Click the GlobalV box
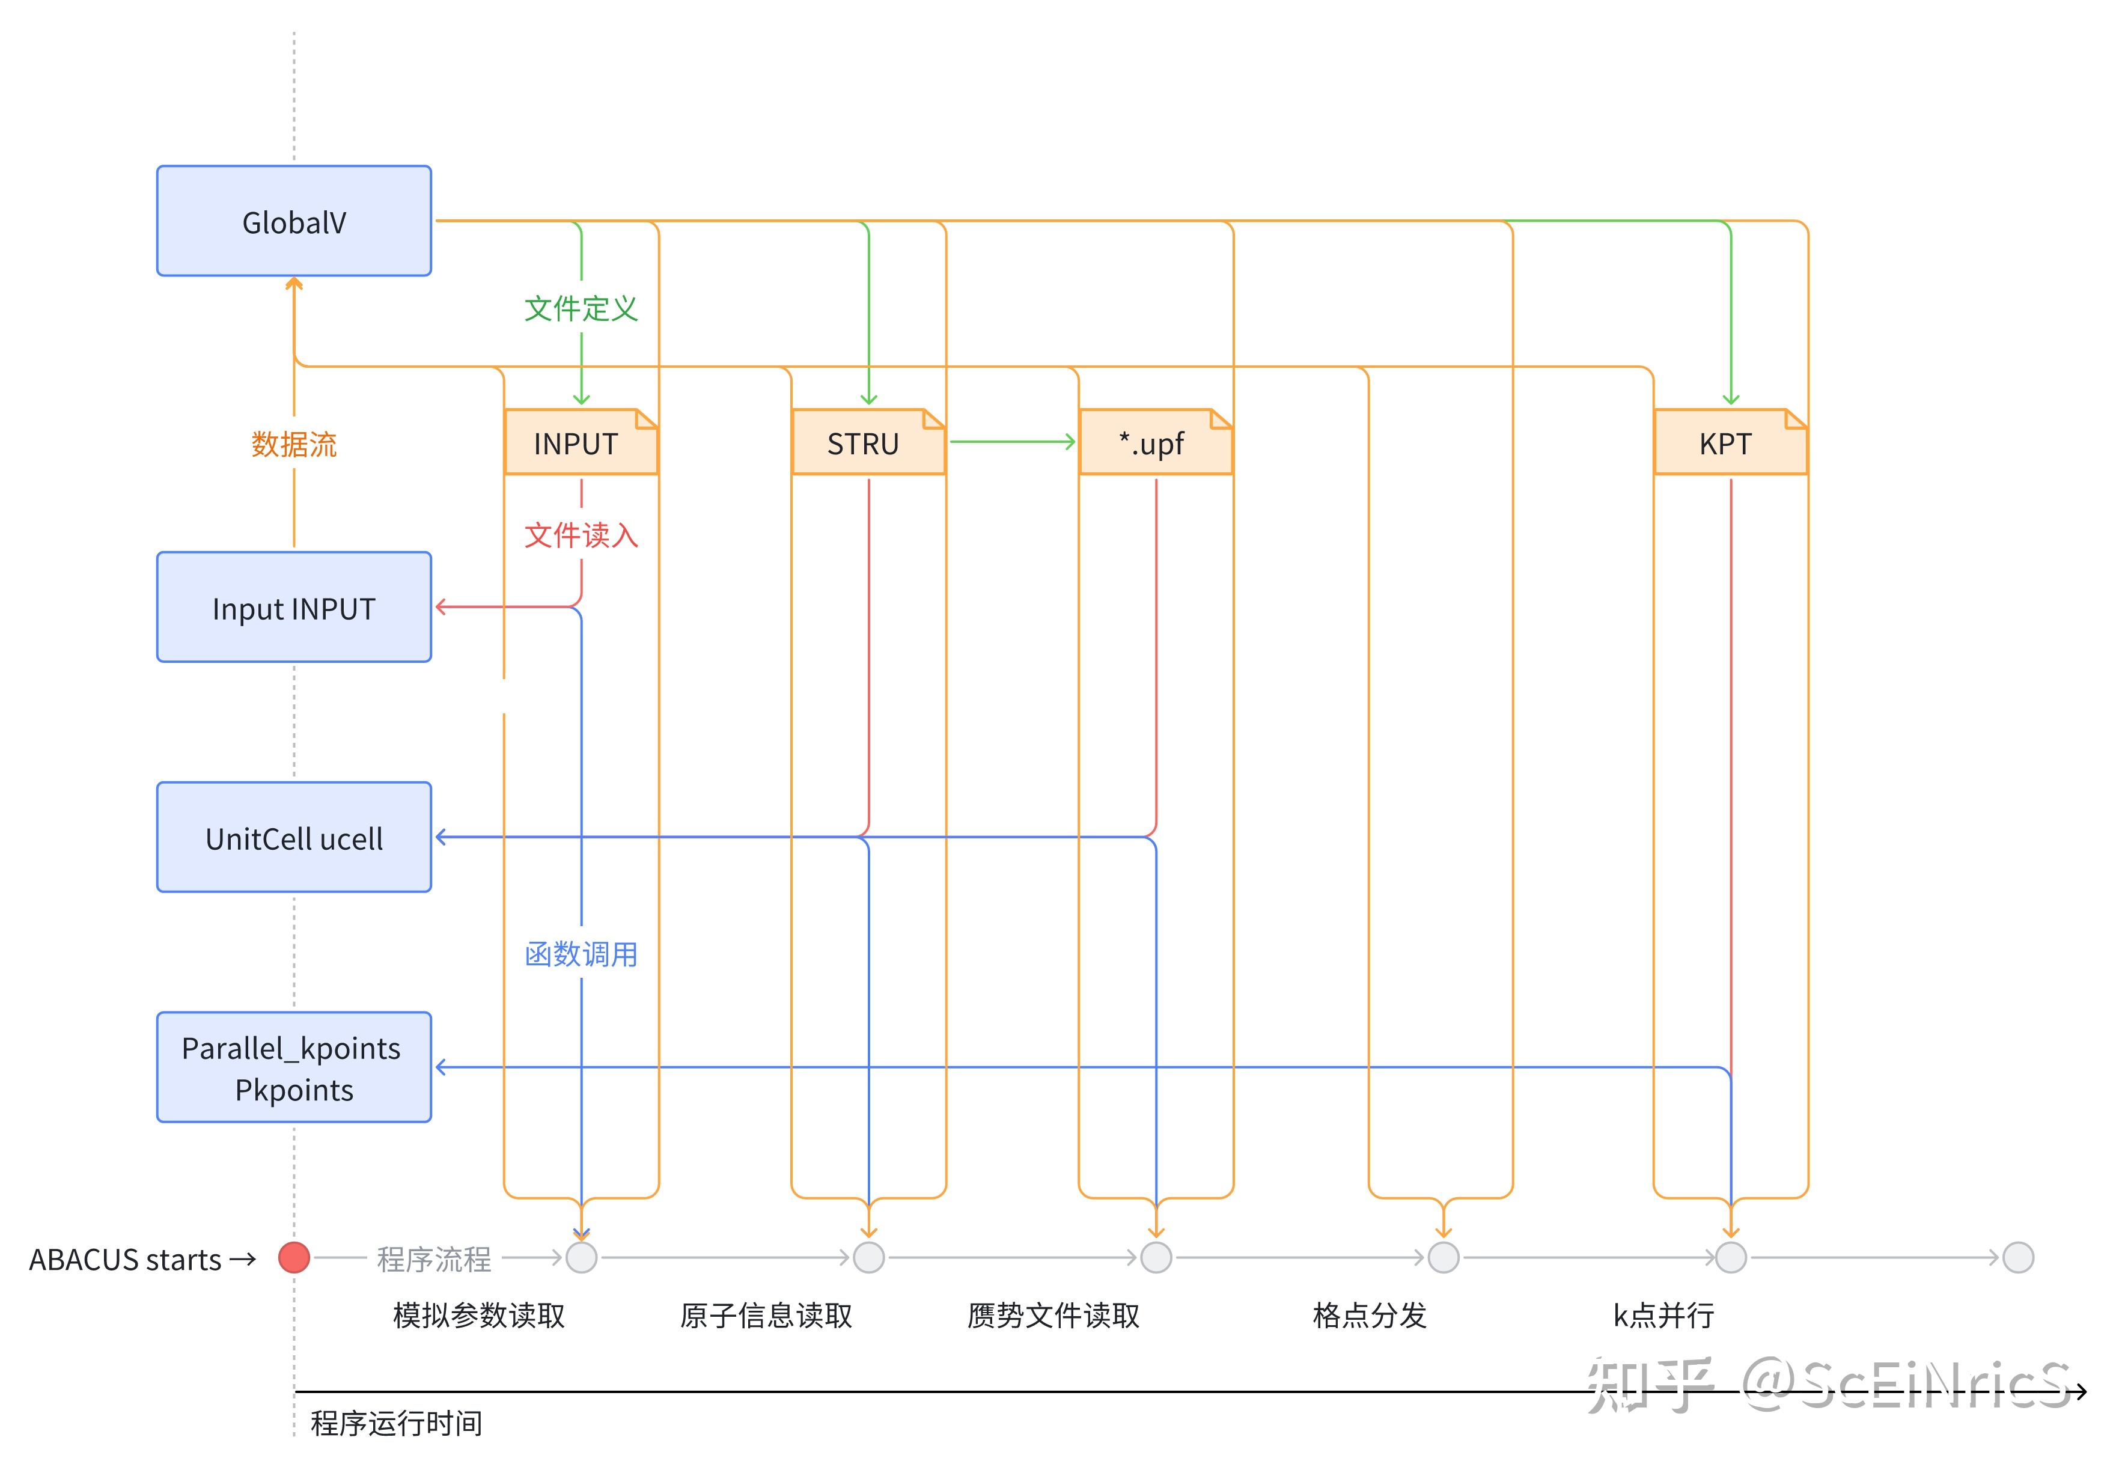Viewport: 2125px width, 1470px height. pyautogui.click(x=294, y=221)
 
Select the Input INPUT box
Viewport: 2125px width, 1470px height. pyautogui.click(x=294, y=608)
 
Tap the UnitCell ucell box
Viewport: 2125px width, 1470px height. pyautogui.click(x=294, y=837)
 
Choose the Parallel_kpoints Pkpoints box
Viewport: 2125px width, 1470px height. pyautogui.click(x=294, y=1067)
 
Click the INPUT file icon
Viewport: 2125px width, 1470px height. pyautogui.click(x=581, y=443)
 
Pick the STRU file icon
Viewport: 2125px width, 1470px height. pyautogui.click(x=868, y=443)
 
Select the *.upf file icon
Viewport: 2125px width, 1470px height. pyautogui.click(x=1155, y=443)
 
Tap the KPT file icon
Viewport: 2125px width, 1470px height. pyautogui.click(x=1730, y=443)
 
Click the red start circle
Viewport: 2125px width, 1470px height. pyautogui.click(x=294, y=1257)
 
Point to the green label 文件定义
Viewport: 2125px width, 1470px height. pyautogui.click(x=581, y=308)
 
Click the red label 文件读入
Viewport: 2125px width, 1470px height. pyautogui.click(x=581, y=535)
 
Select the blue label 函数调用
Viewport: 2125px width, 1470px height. pyautogui.click(x=581, y=954)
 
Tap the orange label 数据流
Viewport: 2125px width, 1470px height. pyautogui.click(x=294, y=445)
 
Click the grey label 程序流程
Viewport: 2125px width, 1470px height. pyautogui.click(x=434, y=1259)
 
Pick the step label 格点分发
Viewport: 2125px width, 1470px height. pyautogui.click(x=1370, y=1316)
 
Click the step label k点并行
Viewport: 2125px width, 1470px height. pyautogui.click(x=1663, y=1316)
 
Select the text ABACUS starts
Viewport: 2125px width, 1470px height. pyautogui.click(x=125, y=1259)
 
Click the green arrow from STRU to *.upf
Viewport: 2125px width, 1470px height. pyautogui.click(x=1011, y=442)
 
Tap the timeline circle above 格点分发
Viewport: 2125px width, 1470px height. pyautogui.click(x=1444, y=1257)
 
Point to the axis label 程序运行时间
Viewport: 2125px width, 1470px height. pyautogui.click(x=396, y=1423)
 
